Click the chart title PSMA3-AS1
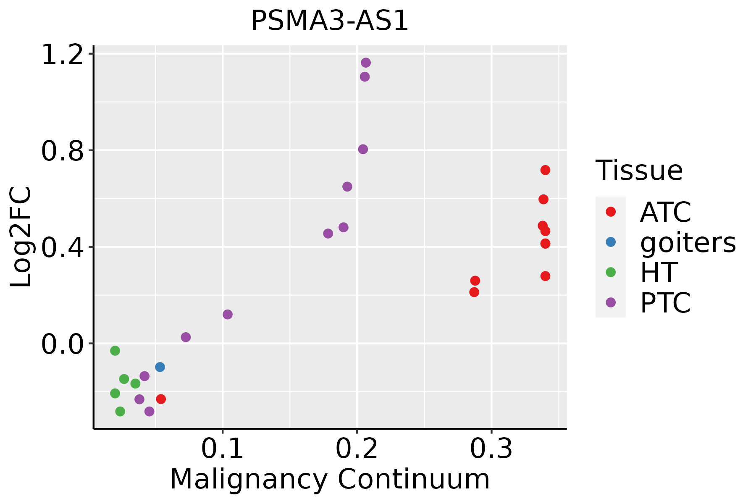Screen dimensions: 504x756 [x=330, y=21]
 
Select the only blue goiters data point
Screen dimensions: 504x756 [x=160, y=367]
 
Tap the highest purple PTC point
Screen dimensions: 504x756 [x=366, y=63]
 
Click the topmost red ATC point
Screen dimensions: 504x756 [x=545, y=170]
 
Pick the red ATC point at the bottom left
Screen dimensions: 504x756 [x=161, y=399]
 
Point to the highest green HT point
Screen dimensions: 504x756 [x=115, y=351]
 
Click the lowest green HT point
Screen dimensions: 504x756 [x=120, y=411]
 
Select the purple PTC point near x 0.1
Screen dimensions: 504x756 [x=228, y=315]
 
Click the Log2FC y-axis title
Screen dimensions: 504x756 [x=21, y=237]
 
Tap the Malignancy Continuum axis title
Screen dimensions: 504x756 [x=330, y=479]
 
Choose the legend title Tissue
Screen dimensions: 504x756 [x=639, y=171]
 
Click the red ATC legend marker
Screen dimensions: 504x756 [x=611, y=212]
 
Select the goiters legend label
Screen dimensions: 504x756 [x=688, y=242]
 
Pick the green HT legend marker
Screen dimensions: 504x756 [x=611, y=272]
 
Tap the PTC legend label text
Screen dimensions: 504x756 [x=665, y=303]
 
